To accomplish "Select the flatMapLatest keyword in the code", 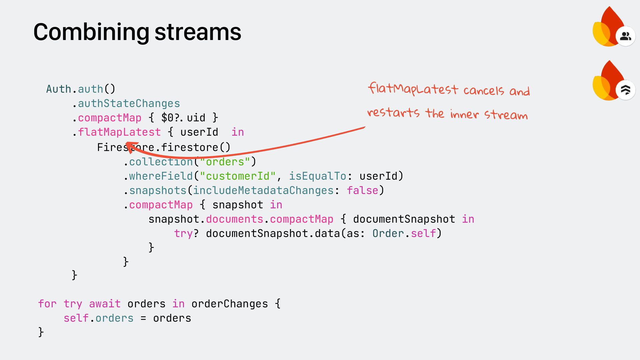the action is pos(119,132).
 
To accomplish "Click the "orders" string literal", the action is pos(225,162).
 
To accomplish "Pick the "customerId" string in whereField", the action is pos(238,176).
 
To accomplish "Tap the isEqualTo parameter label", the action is pos(317,176).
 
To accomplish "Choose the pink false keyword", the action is pos(362,190).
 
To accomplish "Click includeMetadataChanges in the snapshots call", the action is pos(263,190).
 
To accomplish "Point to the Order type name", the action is pos(388,233).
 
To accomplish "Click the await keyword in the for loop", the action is pos(105,304).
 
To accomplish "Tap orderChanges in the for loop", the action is pos(229,304).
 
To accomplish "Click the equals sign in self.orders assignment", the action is pos(143,318).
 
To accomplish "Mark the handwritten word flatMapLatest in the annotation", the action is pos(413,89).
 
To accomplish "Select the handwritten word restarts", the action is pos(393,113).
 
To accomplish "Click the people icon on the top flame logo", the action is pos(625,36).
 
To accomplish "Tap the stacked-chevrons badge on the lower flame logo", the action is pos(625,90).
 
